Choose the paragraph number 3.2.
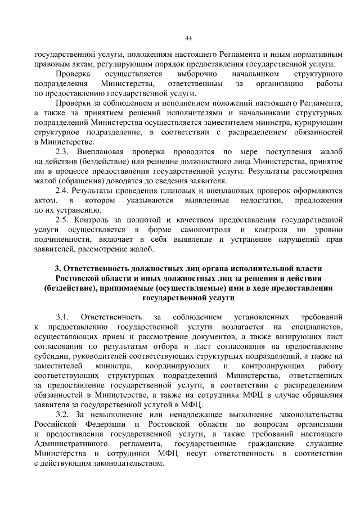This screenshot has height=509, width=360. coord(63,415)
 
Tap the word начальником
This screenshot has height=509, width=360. coord(254,74)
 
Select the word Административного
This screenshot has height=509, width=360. coord(71,444)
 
